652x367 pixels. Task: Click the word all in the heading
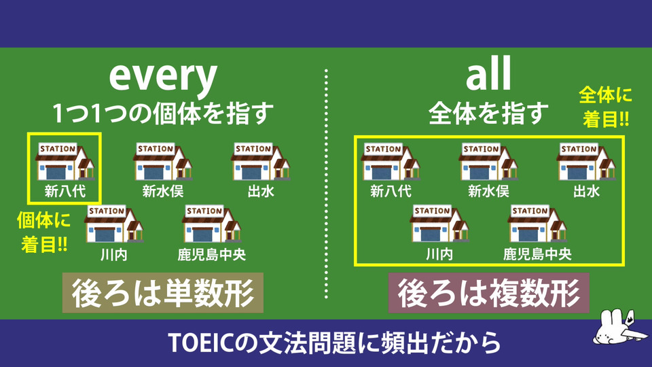pos(488,74)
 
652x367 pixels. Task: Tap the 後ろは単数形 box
pos(162,292)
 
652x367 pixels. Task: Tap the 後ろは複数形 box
pos(488,292)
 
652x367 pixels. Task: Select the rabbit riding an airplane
pos(620,328)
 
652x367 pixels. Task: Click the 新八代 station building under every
pos(65,162)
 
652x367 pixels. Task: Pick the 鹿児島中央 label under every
pos(212,254)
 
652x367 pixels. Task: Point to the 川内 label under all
pos(439,254)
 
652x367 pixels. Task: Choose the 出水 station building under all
pos(585,162)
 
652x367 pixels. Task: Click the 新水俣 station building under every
pos(162,162)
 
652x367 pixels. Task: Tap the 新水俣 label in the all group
pos(488,191)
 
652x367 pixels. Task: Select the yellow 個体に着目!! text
pos(43,232)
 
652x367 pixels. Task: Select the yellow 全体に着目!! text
pos(605,107)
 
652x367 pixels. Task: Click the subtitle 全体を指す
pos(488,113)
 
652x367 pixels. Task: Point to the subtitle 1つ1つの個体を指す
pos(163,113)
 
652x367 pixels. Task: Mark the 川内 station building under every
pos(113,224)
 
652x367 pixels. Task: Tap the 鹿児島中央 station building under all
pos(537,224)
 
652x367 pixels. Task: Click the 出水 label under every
pos(261,191)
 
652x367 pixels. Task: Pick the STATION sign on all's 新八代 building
pos(383,149)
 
